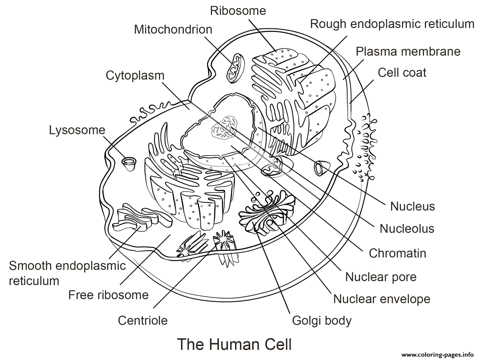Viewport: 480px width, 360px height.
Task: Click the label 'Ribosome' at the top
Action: pyautogui.click(x=238, y=11)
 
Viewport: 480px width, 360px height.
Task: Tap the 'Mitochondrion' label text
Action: pyautogui.click(x=173, y=29)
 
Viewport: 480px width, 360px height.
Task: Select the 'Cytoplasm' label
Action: pyautogui.click(x=135, y=76)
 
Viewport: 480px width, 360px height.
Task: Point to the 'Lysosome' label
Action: pyautogui.click(x=77, y=130)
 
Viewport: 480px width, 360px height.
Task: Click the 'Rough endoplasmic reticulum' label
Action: pyautogui.click(x=392, y=24)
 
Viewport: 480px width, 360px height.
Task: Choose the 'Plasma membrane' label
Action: pyautogui.click(x=408, y=51)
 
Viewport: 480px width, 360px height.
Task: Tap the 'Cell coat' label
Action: pyautogui.click(x=402, y=72)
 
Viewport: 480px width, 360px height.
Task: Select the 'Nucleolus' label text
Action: pyautogui.click(x=407, y=228)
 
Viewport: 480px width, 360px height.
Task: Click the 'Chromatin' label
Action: pyautogui.click(x=398, y=253)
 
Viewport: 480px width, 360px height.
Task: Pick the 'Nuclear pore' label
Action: pyautogui.click(x=381, y=277)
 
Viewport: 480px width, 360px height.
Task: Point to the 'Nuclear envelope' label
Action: pyautogui.click(x=382, y=299)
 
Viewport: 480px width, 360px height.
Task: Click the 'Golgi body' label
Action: pyautogui.click(x=322, y=321)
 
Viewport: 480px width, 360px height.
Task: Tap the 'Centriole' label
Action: pyautogui.click(x=143, y=320)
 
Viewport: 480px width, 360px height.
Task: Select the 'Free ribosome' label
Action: pyautogui.click(x=108, y=295)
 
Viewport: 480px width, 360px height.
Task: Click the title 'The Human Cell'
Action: pyautogui.click(x=235, y=344)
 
